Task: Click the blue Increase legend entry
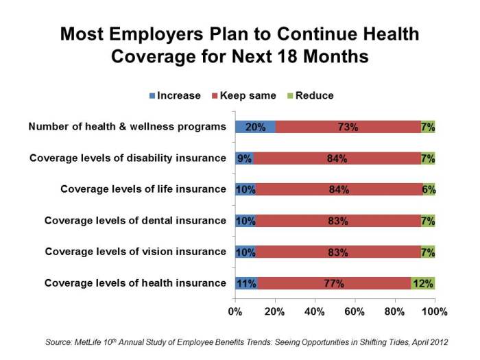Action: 175,96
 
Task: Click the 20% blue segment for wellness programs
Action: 255,127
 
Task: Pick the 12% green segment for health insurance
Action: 423,283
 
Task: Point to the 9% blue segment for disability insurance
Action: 244,158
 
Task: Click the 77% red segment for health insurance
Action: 334,283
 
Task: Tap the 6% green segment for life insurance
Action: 429,189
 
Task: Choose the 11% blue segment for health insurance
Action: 246,283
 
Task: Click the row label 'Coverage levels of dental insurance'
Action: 135,220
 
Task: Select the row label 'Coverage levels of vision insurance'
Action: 135,252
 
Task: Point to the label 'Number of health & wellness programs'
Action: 127,127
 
